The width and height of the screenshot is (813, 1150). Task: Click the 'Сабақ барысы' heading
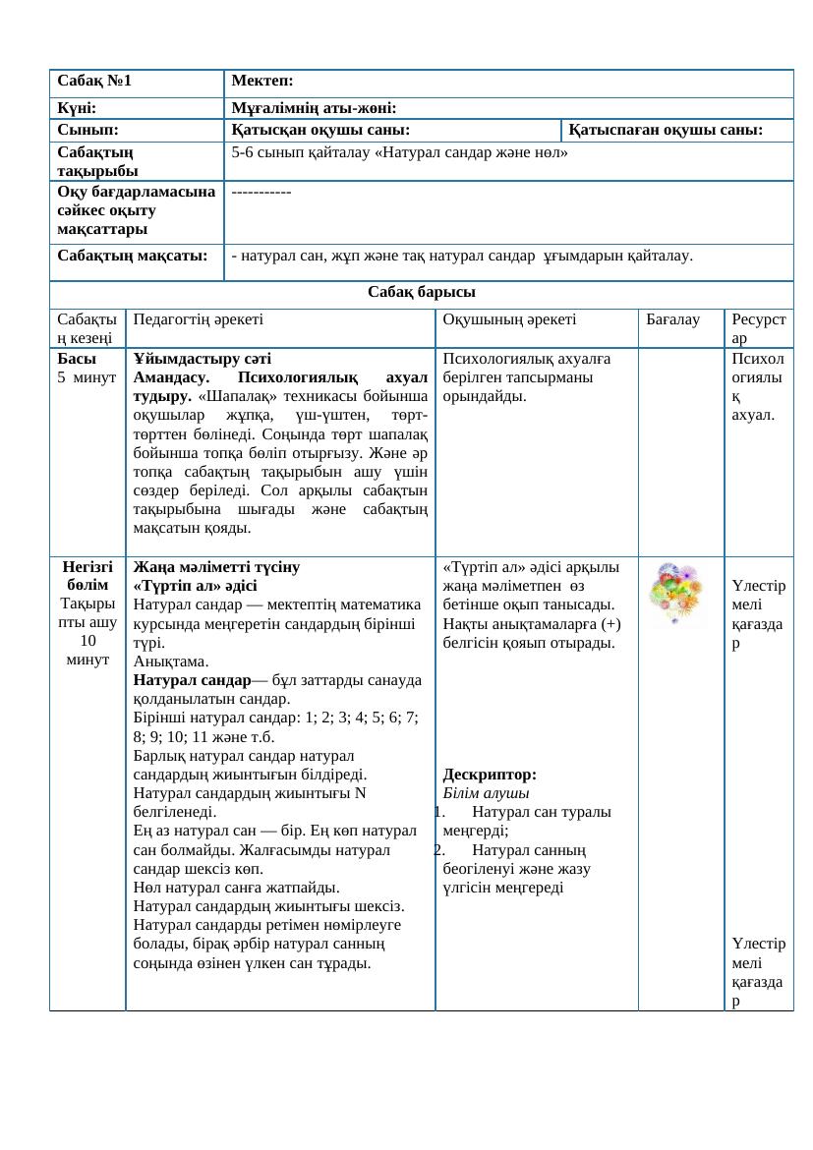click(422, 293)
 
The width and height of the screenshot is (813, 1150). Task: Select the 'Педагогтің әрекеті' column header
click(198, 319)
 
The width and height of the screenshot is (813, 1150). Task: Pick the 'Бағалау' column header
click(672, 319)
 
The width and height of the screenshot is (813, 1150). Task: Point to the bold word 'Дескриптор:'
click(490, 775)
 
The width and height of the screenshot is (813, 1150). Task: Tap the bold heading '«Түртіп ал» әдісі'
click(196, 587)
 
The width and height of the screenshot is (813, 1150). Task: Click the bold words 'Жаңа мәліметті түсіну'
click(217, 567)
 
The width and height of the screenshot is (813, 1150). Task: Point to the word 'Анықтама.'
click(167, 661)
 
